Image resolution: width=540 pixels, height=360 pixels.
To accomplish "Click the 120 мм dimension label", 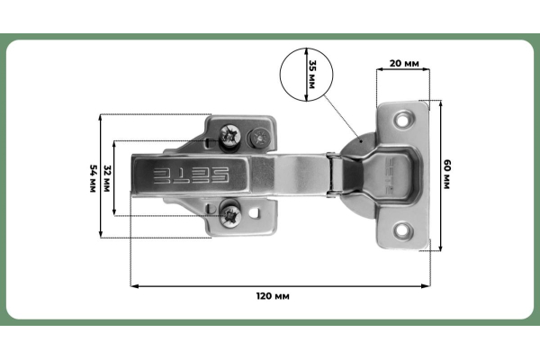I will click(x=274, y=295).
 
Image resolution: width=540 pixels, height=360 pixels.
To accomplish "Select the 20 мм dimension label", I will click(x=404, y=66).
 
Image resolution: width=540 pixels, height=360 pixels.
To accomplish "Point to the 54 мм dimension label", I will click(x=92, y=176).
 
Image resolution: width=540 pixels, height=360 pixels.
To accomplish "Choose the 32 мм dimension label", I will click(x=107, y=176).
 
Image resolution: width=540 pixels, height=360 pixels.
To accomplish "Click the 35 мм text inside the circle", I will click(x=311, y=71).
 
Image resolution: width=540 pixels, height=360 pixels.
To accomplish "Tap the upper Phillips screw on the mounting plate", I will click(x=229, y=137).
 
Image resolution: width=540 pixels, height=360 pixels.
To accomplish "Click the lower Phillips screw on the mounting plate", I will click(x=230, y=213).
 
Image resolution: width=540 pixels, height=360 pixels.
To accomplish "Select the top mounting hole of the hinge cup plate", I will click(x=400, y=117).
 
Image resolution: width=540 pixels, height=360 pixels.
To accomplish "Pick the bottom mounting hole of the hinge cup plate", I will click(x=400, y=231).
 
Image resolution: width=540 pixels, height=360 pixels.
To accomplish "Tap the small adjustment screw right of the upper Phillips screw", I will click(x=259, y=138).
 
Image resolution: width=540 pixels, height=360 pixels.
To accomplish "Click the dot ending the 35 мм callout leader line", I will click(x=360, y=140).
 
